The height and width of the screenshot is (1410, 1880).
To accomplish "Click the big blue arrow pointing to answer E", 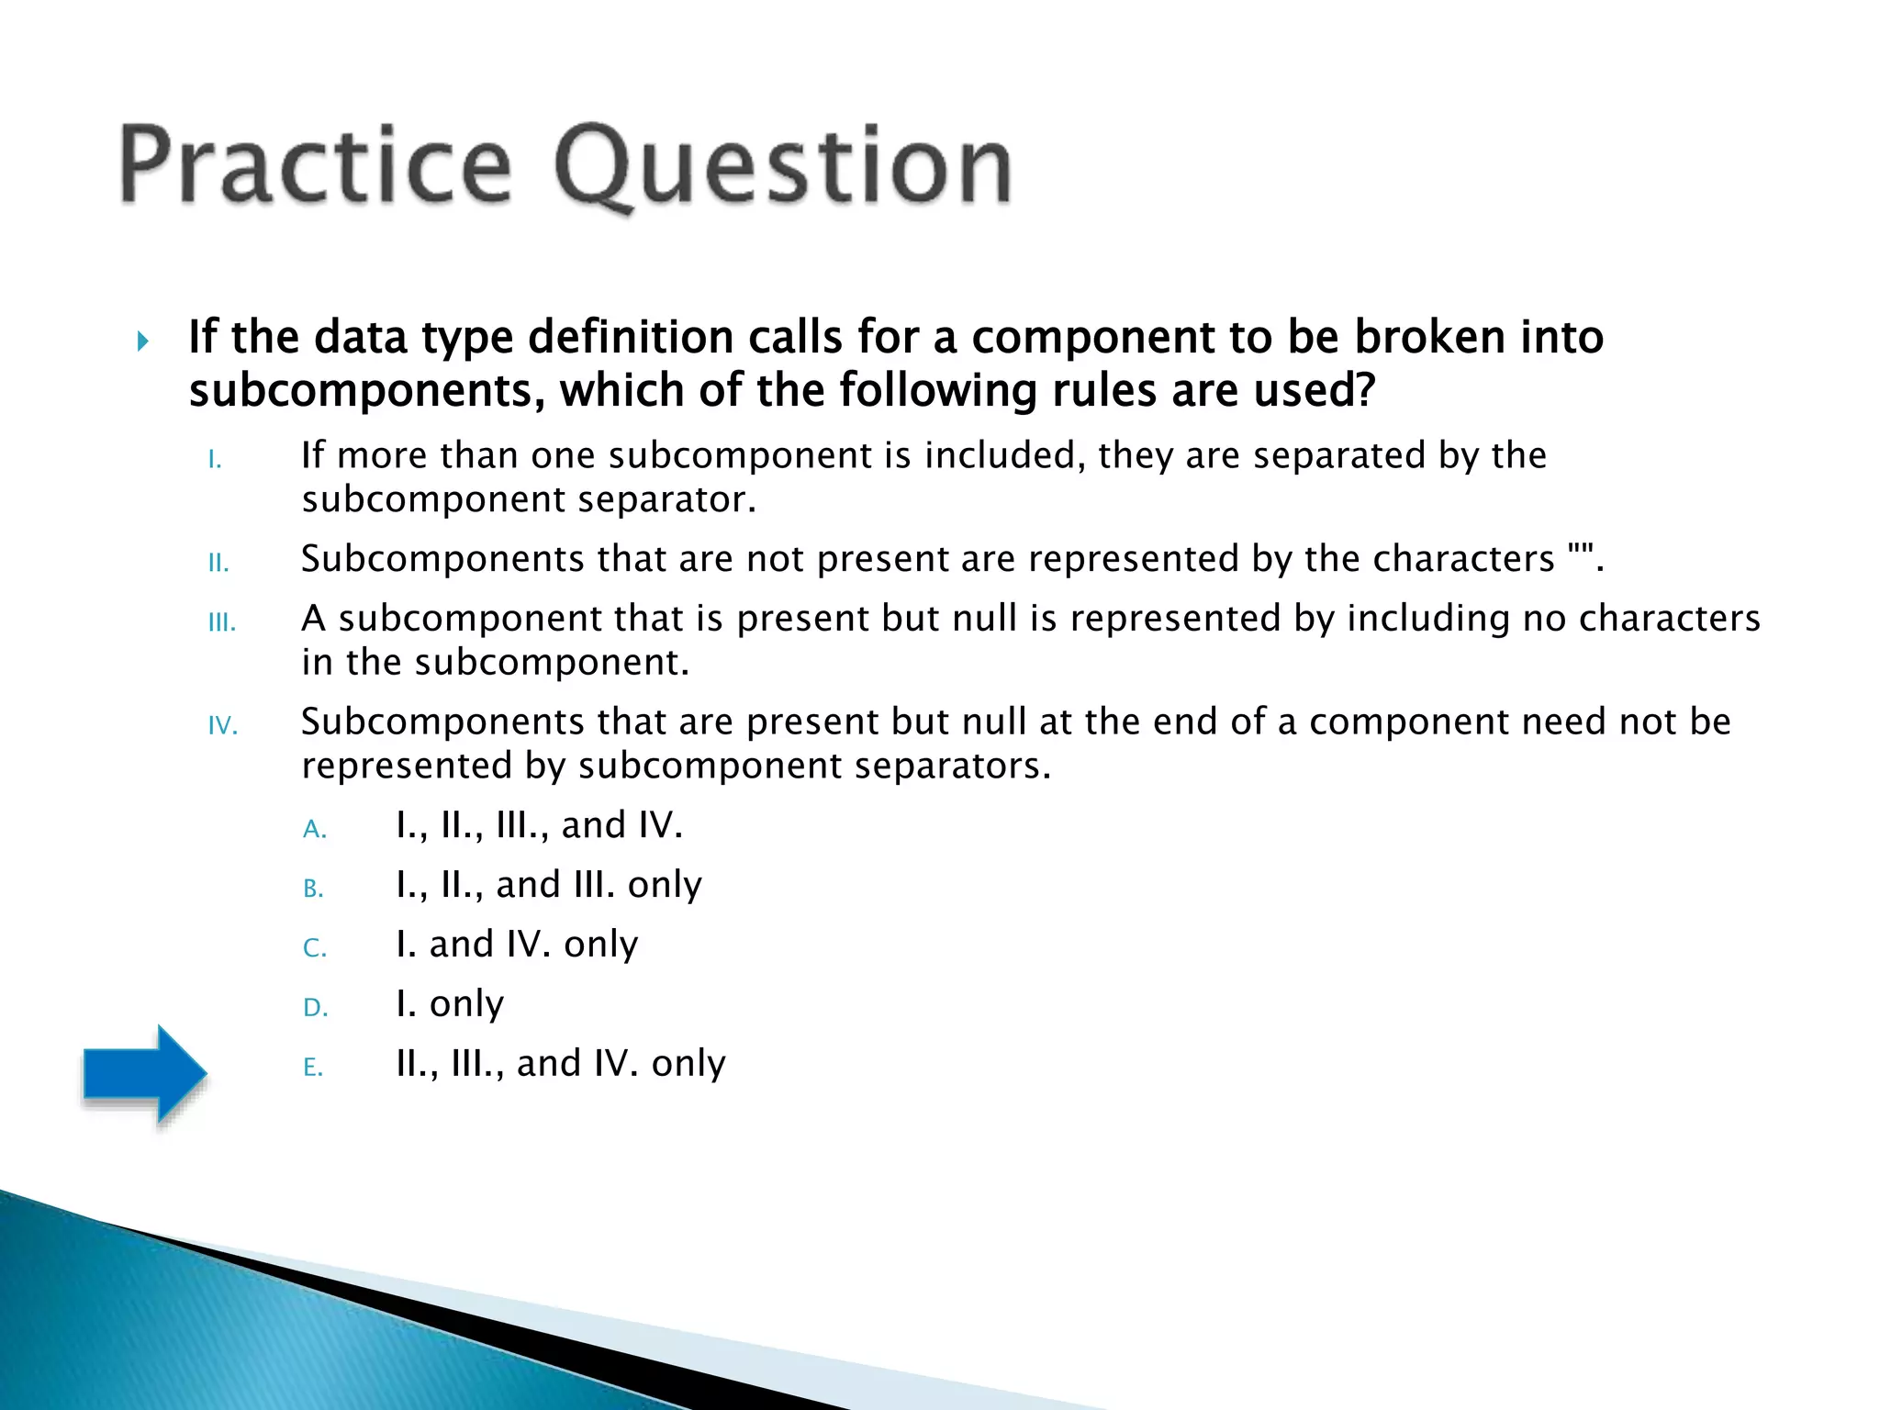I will point(144,1073).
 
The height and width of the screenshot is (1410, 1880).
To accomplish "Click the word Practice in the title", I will point(315,165).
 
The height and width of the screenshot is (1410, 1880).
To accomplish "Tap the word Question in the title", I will point(782,167).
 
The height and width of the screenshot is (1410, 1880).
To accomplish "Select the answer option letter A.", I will point(314,830).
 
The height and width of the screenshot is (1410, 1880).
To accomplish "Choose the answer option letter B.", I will point(313,889).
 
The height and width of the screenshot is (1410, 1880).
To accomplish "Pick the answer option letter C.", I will point(314,948).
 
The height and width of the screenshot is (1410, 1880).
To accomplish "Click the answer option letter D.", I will point(315,1008).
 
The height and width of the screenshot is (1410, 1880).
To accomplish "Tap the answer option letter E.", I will point(313,1068).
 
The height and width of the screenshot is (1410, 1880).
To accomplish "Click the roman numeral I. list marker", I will point(215,460).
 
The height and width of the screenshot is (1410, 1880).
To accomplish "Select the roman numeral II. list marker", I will point(218,563).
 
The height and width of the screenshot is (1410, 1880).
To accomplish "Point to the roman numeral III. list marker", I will point(222,622).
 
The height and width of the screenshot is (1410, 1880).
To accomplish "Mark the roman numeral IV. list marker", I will point(223,726).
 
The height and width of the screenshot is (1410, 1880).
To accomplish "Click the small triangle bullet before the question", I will point(142,341).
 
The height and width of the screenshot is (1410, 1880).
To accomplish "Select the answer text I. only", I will point(450,1003).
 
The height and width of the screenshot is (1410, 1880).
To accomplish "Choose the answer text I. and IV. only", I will point(517,944).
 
